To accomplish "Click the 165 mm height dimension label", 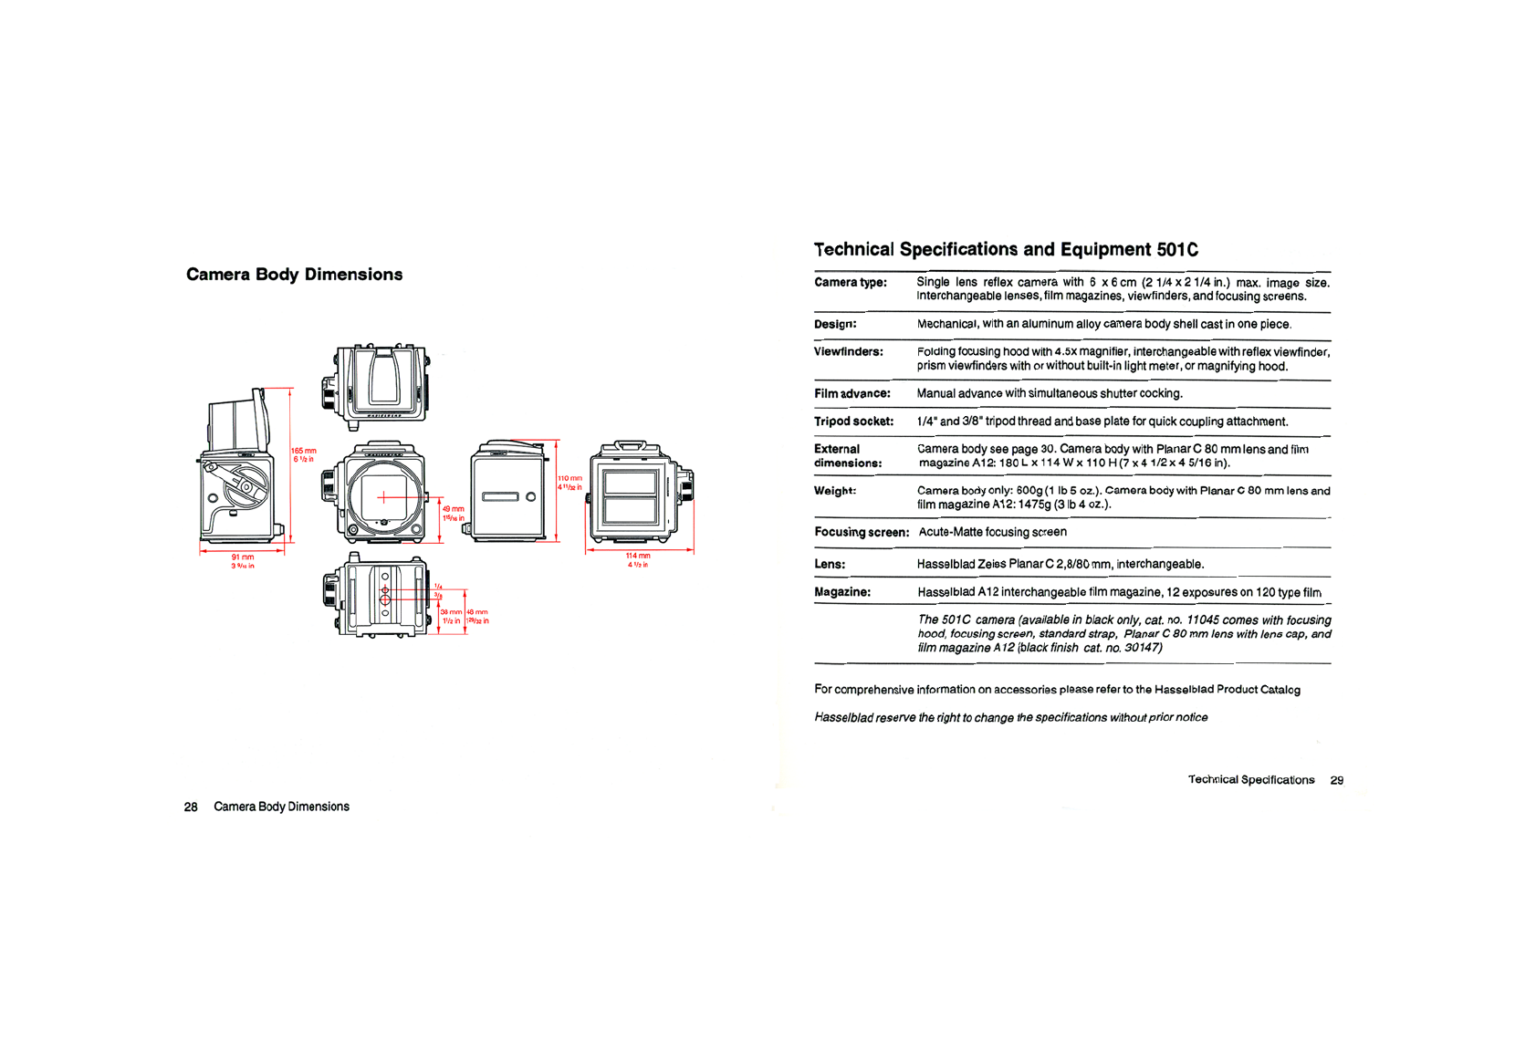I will click(x=304, y=452).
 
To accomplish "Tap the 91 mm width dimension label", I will click(x=243, y=557).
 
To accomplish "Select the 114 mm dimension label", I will click(x=638, y=556).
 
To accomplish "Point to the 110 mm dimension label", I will click(x=569, y=478).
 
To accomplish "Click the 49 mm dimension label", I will click(x=454, y=509).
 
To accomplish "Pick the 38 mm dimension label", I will click(x=450, y=612).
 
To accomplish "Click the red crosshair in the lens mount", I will click(x=384, y=497).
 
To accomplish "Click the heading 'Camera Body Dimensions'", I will click(x=294, y=275).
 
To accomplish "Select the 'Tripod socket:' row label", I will click(x=853, y=422).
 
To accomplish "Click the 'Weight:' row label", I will click(x=834, y=491).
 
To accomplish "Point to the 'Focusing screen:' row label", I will click(x=861, y=532).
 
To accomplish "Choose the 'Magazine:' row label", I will click(x=841, y=592).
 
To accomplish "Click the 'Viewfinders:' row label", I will click(x=848, y=352).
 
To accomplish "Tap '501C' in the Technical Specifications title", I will click(x=1177, y=250).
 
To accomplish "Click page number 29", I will click(x=1336, y=780).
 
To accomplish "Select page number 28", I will click(x=191, y=807).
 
